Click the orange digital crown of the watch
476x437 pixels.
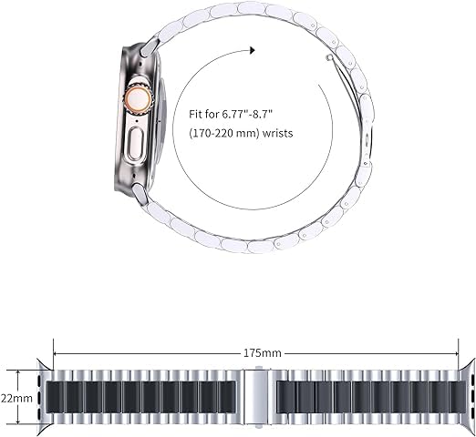click(139, 98)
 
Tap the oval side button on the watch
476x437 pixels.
click(135, 144)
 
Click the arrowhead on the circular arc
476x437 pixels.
click(252, 50)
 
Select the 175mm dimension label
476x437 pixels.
click(263, 353)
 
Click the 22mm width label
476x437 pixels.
click(16, 398)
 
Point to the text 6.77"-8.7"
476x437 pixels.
click(246, 115)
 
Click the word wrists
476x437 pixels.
click(277, 133)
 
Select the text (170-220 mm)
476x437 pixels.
click(224, 133)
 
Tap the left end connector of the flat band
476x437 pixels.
click(45, 397)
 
